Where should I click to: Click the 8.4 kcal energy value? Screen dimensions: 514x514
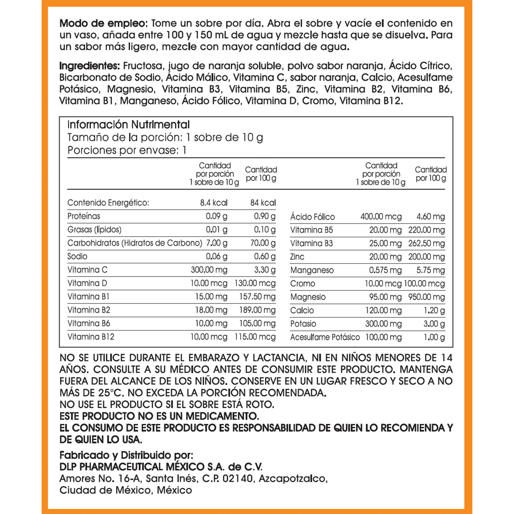214,203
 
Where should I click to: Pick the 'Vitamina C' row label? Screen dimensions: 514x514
87,270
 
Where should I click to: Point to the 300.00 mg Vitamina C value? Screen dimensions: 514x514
209,270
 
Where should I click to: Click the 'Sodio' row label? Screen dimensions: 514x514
77,256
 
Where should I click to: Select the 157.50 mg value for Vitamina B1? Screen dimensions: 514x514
257,297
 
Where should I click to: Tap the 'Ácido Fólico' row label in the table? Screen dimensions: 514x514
312,217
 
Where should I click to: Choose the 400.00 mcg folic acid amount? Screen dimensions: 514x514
381,217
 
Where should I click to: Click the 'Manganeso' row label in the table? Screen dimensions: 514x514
312,270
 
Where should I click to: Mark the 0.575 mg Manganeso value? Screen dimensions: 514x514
385,270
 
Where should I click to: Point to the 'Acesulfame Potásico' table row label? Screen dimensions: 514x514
325,337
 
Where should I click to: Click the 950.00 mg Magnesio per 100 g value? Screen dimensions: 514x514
426,297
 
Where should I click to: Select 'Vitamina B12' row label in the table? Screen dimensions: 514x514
91,337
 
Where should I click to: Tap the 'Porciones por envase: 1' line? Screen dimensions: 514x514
127,150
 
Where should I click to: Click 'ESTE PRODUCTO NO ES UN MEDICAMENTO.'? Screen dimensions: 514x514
159,416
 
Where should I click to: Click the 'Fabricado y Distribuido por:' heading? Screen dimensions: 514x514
126,455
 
